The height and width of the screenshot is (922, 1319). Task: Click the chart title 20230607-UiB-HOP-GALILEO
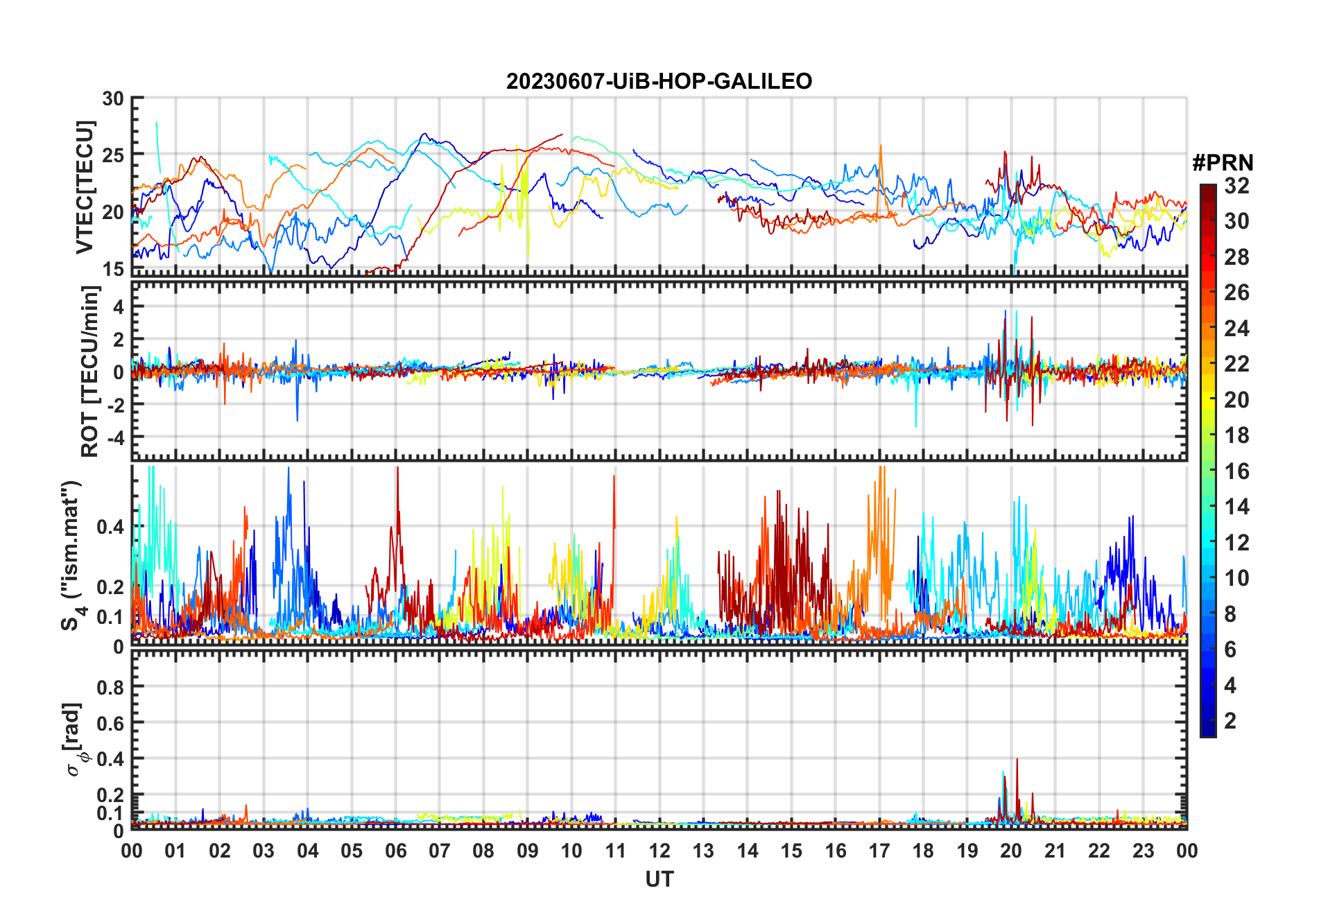coord(659,82)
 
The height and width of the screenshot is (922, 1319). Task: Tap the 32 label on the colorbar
coord(1236,186)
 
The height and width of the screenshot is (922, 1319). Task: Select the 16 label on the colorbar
coord(1236,471)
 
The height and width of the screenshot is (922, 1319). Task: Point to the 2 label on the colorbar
coord(1230,721)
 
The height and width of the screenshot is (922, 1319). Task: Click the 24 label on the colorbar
coord(1236,329)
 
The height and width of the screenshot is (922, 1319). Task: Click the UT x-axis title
coord(659,880)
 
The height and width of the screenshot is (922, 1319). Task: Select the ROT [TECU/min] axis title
coord(90,371)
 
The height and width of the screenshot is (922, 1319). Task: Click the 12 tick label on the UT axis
coord(659,851)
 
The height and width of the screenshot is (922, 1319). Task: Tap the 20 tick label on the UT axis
coord(1011,851)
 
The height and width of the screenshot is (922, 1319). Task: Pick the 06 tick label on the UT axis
coord(395,851)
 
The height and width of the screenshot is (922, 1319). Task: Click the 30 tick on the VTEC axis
coord(112,99)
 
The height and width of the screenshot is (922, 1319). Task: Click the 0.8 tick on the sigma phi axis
coord(110,687)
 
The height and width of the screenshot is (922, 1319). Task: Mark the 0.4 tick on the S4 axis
coord(110,527)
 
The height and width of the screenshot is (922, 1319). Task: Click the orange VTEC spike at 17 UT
coord(881,147)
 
